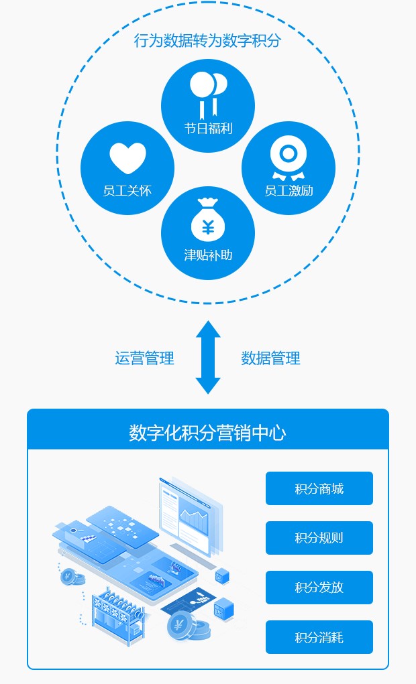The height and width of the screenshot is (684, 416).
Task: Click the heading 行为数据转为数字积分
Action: point(207,41)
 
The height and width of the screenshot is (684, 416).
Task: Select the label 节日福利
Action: point(208,128)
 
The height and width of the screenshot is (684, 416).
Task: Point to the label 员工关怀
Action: point(127,190)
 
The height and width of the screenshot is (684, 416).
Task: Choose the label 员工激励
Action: point(289,190)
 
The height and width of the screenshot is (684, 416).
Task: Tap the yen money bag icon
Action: point(208,220)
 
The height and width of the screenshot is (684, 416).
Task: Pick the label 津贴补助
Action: point(208,255)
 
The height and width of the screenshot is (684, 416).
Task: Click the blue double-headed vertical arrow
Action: point(208,357)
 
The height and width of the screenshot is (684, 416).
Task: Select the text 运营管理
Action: point(144,358)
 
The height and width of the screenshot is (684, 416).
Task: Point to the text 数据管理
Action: point(270,358)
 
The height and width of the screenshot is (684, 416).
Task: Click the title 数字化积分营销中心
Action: point(207,432)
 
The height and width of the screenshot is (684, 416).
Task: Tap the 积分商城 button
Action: point(319,488)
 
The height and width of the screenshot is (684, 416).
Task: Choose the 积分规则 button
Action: point(319,538)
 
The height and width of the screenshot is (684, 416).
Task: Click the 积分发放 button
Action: point(319,588)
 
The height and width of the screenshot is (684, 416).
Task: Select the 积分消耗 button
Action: point(319,637)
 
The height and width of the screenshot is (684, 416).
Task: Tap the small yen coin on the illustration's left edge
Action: point(68,575)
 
